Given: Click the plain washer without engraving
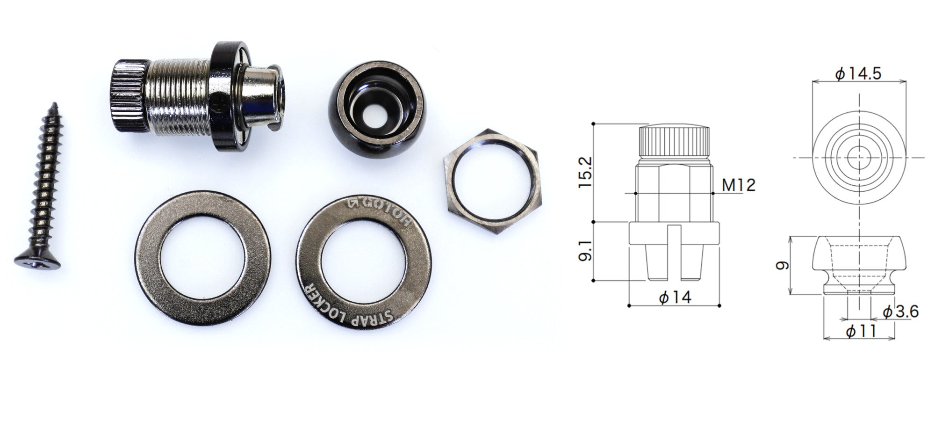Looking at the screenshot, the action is click(202, 257).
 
